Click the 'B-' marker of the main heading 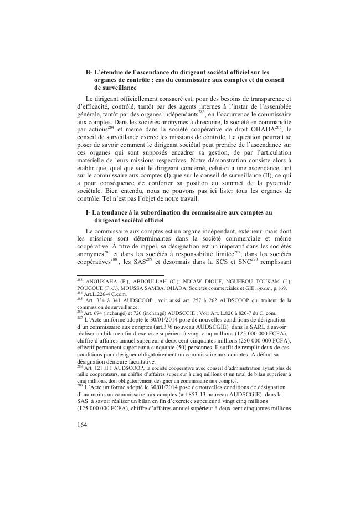click(89, 72)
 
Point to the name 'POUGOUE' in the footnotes click(91, 288)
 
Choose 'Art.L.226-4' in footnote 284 click(98, 294)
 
